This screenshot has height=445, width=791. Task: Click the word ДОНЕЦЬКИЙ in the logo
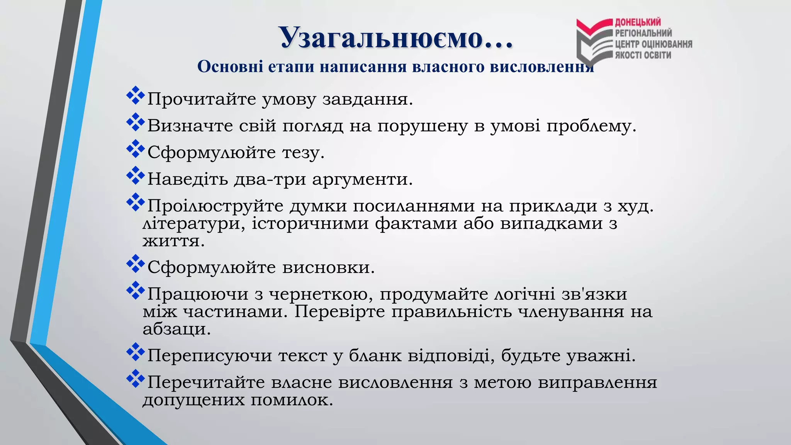(638, 22)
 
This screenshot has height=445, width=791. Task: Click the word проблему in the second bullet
(591, 126)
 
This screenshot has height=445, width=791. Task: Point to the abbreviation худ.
(635, 206)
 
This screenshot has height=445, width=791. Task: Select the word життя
(173, 241)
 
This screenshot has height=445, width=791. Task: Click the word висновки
(329, 268)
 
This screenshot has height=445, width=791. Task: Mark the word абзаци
(177, 329)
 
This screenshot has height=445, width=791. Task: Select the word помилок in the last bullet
(292, 400)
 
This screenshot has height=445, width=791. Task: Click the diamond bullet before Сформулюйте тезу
(135, 149)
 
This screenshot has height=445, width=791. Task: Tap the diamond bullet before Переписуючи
(135, 352)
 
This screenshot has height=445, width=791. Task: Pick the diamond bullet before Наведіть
(135, 175)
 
